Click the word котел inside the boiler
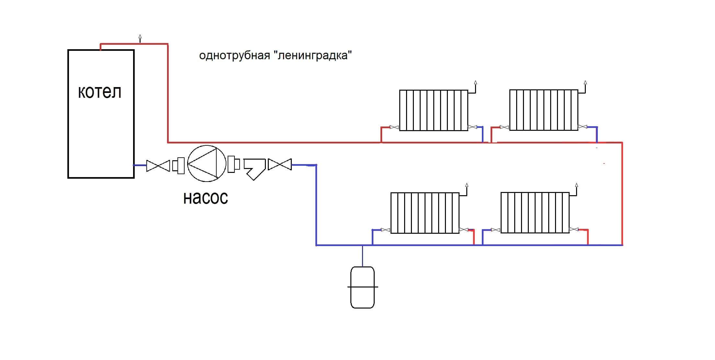point(100,92)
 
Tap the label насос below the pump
point(206,197)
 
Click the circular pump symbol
point(207,163)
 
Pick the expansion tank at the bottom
point(362,287)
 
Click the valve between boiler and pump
point(158,166)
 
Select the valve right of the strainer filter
point(280,164)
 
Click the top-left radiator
point(434,110)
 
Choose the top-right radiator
point(544,110)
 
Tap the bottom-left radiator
point(425,213)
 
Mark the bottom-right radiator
point(535,213)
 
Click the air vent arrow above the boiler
point(140,37)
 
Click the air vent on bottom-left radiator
point(467,186)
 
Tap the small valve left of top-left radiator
point(394,127)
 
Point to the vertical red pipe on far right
point(622,194)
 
